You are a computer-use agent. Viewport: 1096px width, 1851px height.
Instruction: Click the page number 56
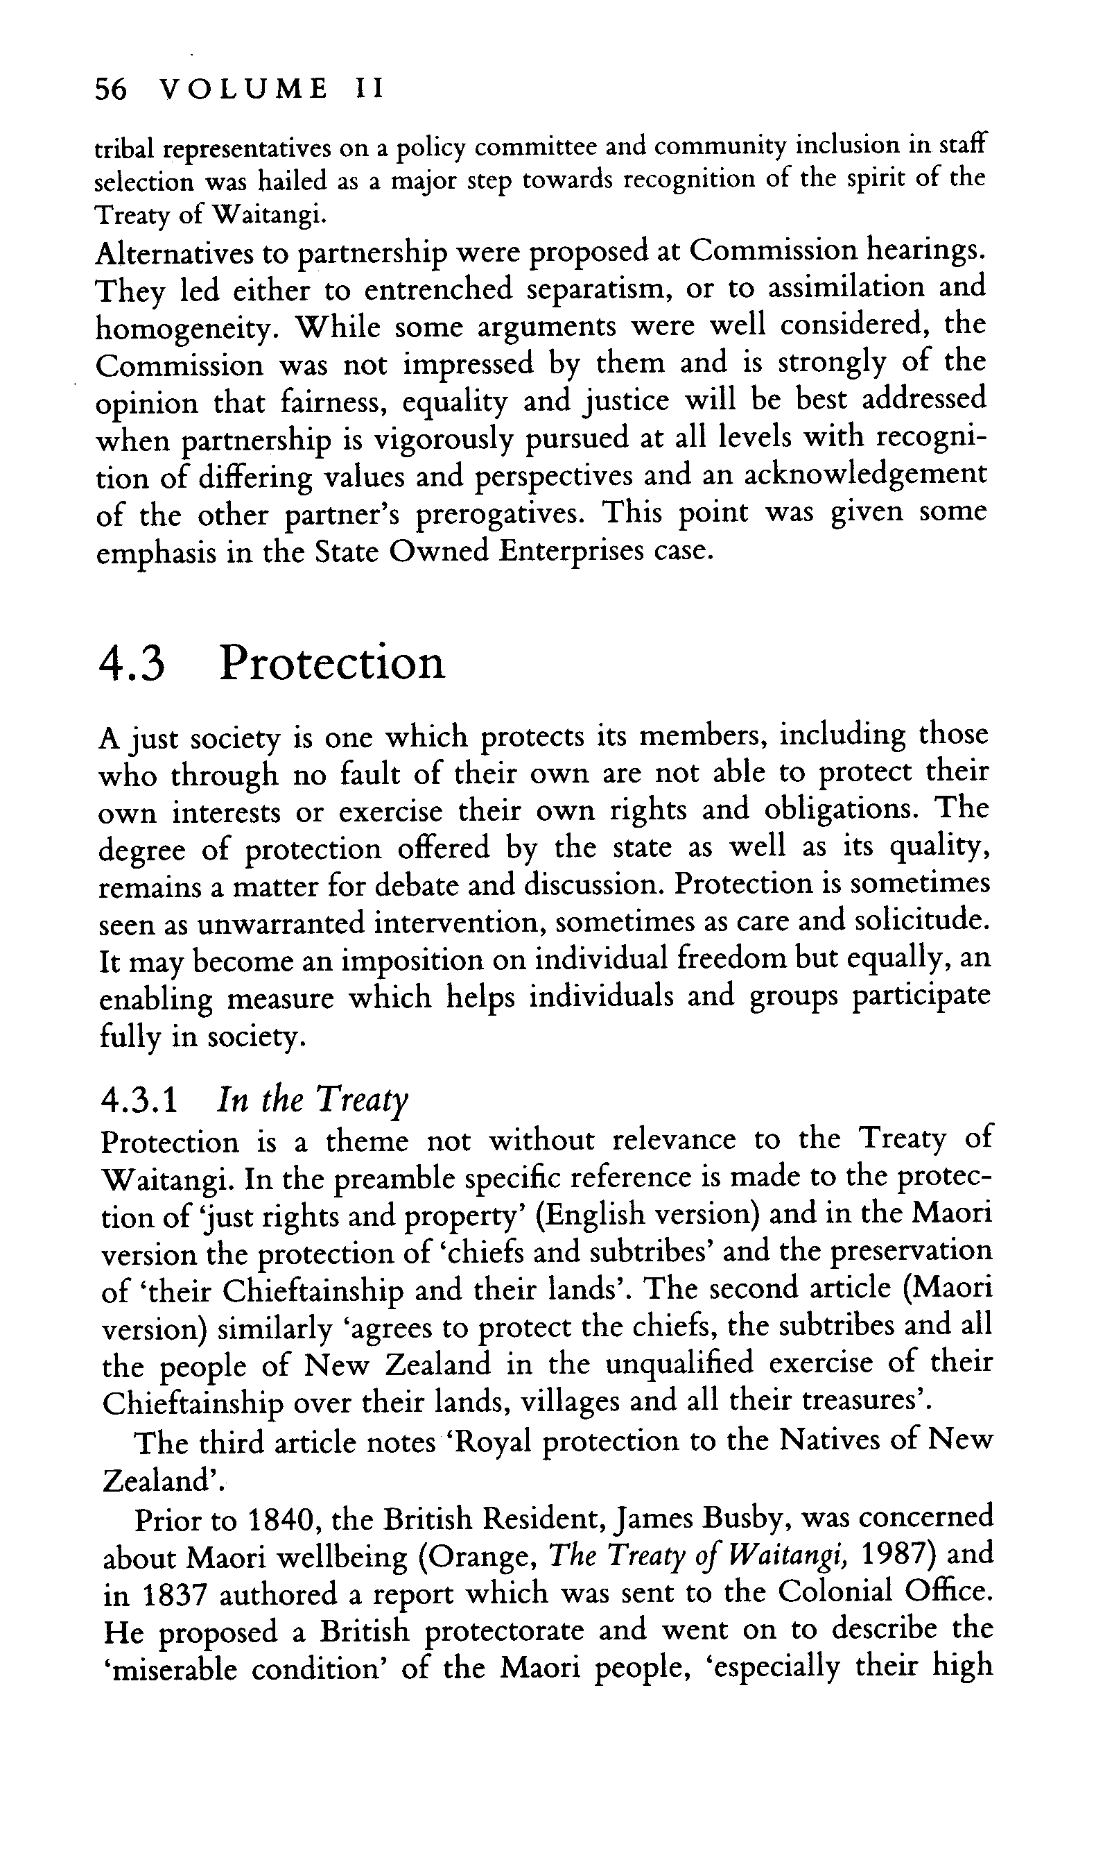coord(112,89)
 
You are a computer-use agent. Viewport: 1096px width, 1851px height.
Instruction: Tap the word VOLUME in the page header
coord(245,89)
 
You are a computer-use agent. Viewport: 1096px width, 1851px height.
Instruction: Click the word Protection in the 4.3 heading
coord(332,663)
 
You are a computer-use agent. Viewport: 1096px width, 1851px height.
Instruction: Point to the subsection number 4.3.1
coord(138,1102)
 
